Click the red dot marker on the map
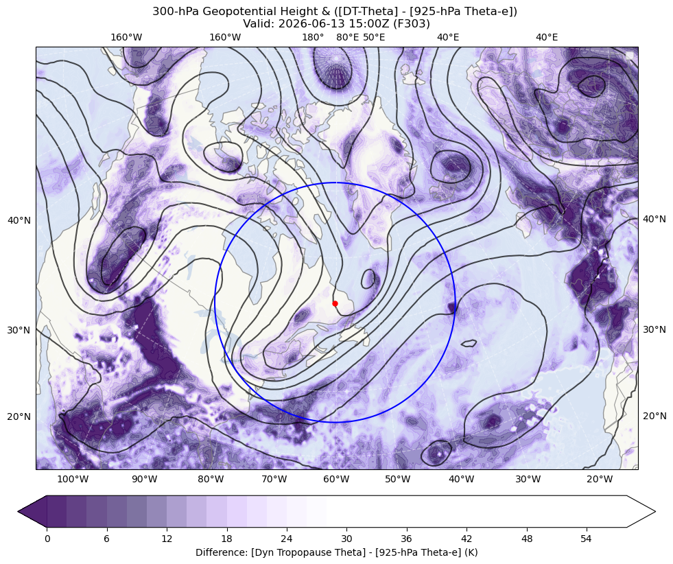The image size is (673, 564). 335,303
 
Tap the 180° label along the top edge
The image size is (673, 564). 313,37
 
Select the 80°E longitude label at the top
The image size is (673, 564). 347,37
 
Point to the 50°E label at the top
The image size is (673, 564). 374,37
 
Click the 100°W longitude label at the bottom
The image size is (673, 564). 73,479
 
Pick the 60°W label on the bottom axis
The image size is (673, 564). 336,479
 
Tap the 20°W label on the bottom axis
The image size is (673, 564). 600,479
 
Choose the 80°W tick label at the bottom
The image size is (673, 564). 211,479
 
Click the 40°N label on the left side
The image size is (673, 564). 19,220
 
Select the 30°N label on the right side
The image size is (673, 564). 654,329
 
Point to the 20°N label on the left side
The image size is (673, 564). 19,416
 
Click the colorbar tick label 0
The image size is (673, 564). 47,539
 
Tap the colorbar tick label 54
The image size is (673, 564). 586,539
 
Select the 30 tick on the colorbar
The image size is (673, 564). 346,539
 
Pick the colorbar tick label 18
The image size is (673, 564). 226,539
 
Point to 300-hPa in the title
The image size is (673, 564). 176,12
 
